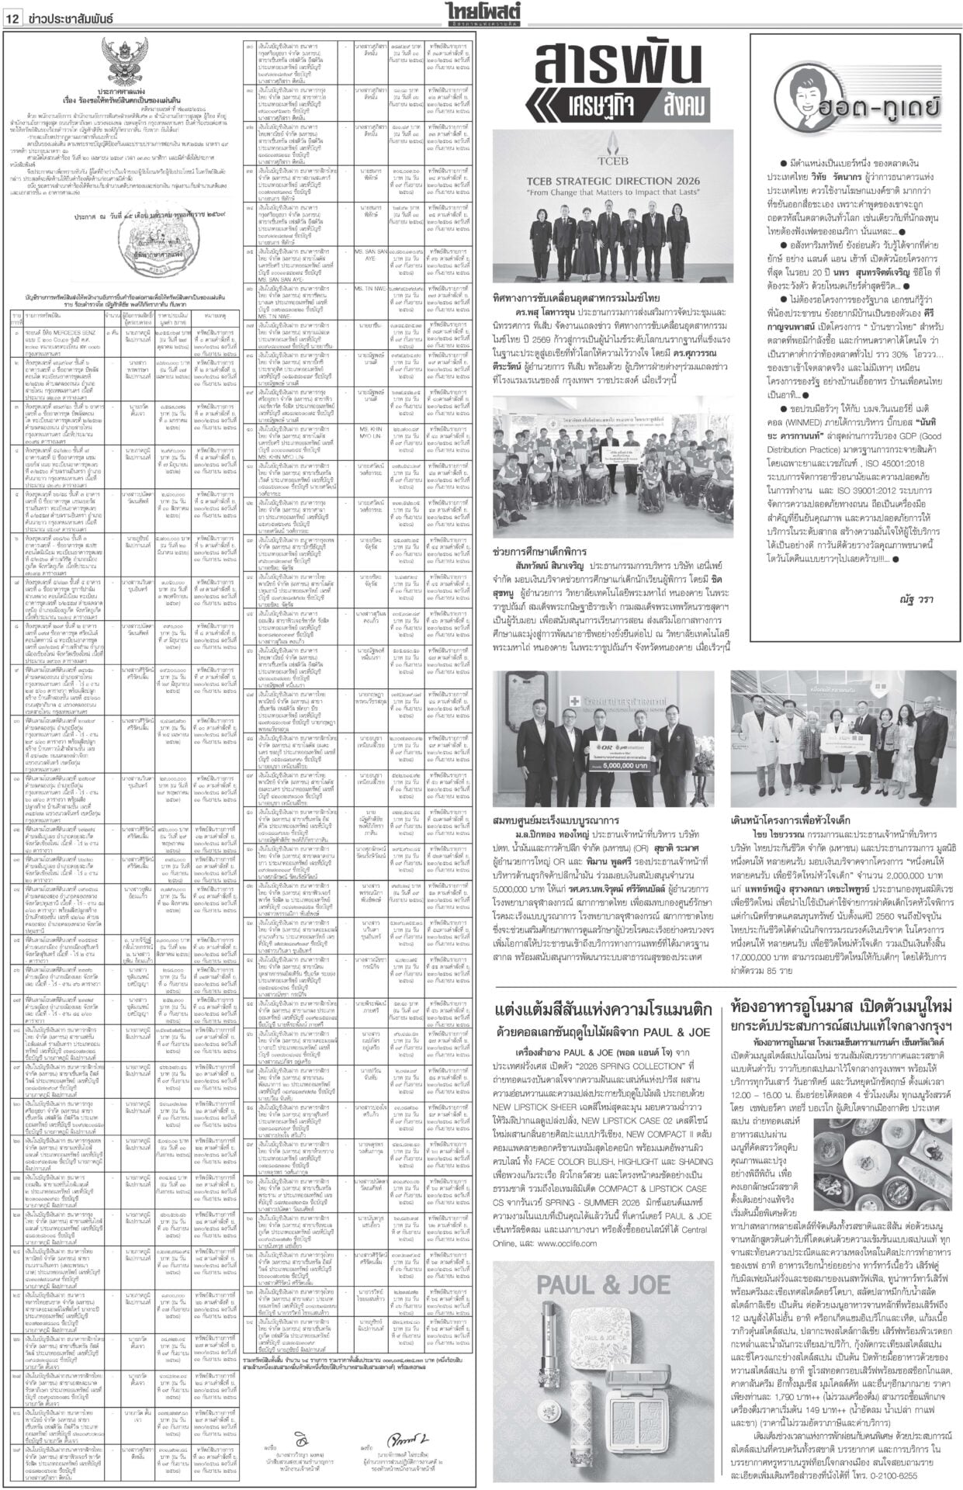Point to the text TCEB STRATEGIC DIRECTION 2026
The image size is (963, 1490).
pos(613,180)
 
